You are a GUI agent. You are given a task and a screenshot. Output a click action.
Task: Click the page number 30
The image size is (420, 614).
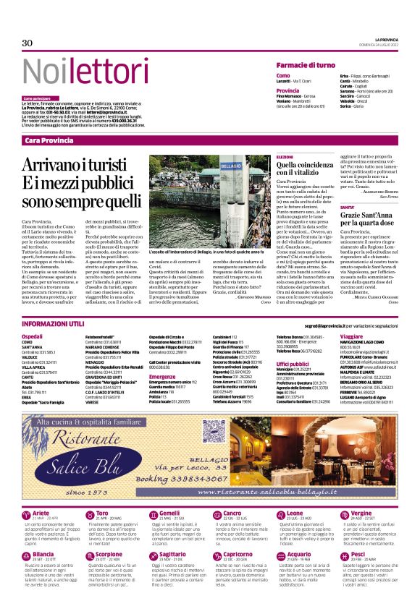click(x=28, y=44)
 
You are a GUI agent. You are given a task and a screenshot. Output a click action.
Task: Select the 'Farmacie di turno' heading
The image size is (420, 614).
click(x=307, y=66)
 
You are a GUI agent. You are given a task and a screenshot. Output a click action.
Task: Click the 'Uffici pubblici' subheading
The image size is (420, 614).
click(x=293, y=364)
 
